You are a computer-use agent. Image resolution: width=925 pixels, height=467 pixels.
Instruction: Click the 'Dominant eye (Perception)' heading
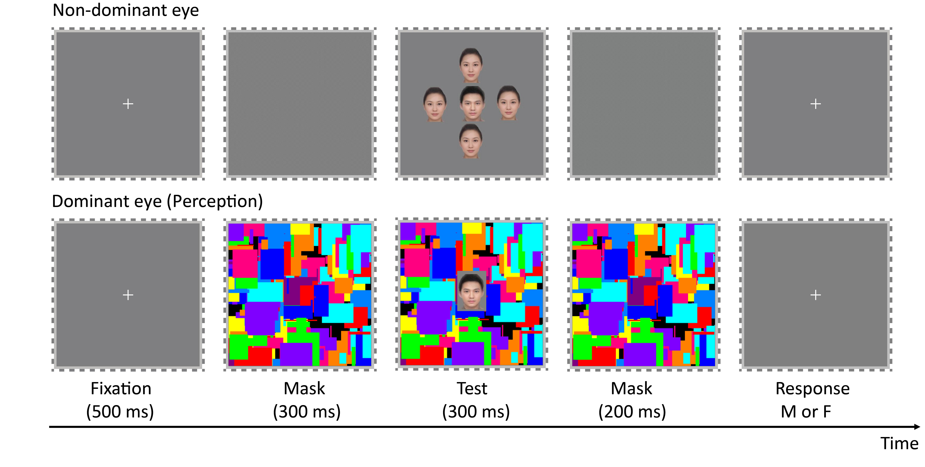(x=157, y=201)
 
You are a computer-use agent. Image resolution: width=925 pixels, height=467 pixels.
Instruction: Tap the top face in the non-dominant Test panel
(x=471, y=65)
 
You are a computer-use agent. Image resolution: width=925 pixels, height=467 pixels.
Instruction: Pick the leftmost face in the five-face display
(x=435, y=104)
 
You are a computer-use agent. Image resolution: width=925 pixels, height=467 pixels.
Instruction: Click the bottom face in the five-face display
(x=471, y=141)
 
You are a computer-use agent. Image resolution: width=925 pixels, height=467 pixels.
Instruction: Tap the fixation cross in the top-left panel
(x=128, y=104)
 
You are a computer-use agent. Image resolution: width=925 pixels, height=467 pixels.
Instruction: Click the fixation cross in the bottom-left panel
(x=128, y=295)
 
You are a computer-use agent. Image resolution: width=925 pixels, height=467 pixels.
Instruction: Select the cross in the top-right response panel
(x=815, y=104)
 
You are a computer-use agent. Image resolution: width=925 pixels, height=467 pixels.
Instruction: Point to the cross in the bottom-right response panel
(x=815, y=295)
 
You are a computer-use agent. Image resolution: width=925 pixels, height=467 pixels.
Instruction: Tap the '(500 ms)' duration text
(x=120, y=412)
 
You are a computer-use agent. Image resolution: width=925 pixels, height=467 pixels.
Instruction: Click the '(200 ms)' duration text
(x=632, y=412)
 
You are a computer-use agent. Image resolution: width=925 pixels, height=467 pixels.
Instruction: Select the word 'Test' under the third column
(x=472, y=389)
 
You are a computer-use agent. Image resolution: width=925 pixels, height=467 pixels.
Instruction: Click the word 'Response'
(x=813, y=389)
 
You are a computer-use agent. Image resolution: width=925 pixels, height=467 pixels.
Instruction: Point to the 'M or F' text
(x=806, y=412)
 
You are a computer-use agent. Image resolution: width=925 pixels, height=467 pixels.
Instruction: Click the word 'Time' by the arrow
(x=899, y=444)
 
